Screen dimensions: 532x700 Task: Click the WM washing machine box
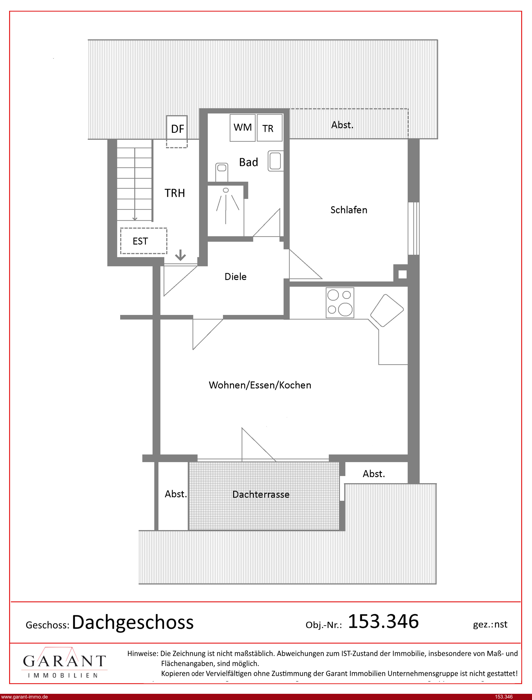coord(243,128)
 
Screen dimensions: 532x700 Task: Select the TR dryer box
coord(270,128)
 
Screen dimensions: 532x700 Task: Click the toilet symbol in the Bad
coord(222,172)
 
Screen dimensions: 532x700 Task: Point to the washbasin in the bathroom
coord(276,161)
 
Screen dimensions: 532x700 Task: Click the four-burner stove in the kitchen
coord(340,303)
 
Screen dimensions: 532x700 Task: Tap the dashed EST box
coord(143,241)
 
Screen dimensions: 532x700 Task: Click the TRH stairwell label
coord(175,193)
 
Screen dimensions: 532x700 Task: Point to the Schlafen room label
coord(349,210)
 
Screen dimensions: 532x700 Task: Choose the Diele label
coord(236,277)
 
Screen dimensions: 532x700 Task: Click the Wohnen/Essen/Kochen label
coord(260,385)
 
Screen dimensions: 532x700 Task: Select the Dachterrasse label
coord(261,495)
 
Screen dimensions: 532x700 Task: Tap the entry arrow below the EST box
coord(180,255)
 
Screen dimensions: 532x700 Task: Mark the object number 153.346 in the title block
coord(384,621)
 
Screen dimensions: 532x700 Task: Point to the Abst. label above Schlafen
coord(342,125)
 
